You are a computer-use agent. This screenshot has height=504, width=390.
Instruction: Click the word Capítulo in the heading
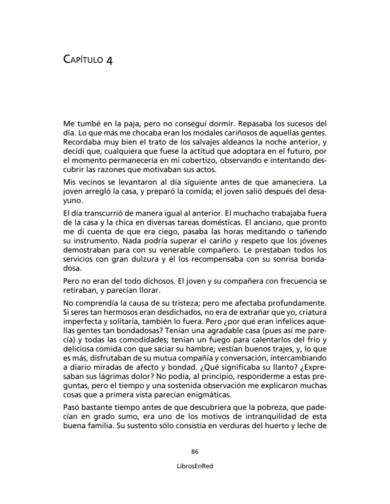(84, 60)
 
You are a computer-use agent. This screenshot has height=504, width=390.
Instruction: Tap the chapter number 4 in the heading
(109, 61)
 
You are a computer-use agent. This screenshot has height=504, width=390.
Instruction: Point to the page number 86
(195, 451)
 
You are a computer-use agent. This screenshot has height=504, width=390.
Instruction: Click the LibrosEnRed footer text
(195, 466)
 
